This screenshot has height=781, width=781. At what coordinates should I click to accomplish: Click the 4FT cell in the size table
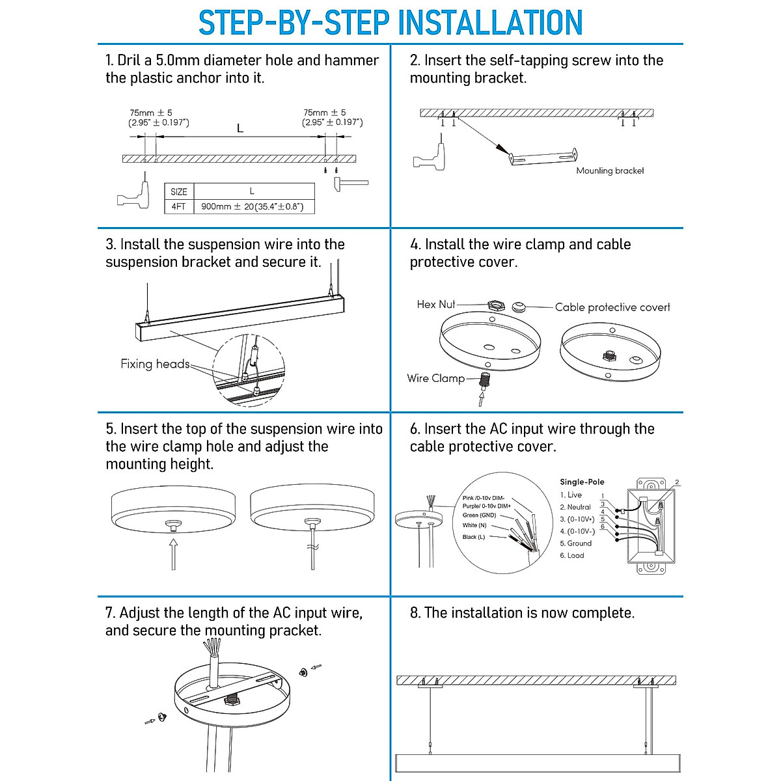[178, 207]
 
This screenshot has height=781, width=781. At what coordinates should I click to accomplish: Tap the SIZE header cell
[178, 192]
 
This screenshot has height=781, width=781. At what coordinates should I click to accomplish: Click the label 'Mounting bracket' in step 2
[610, 171]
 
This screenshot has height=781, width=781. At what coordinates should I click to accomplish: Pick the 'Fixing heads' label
[155, 364]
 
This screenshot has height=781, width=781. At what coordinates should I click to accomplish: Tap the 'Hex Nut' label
[436, 304]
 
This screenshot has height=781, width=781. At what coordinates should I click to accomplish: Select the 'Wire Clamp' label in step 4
[435, 378]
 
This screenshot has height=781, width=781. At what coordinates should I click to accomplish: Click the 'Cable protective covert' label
[612, 307]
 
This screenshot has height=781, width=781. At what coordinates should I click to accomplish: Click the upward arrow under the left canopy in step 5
[173, 554]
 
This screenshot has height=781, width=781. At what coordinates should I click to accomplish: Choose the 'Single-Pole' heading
[582, 482]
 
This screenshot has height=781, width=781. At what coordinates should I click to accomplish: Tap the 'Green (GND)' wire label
[479, 515]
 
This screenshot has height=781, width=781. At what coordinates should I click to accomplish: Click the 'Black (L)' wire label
[473, 537]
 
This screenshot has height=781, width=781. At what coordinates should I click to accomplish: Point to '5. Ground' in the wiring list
[576, 543]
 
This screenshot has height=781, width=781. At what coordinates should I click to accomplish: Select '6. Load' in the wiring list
[572, 556]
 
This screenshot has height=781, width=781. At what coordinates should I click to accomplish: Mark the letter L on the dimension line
[240, 129]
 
